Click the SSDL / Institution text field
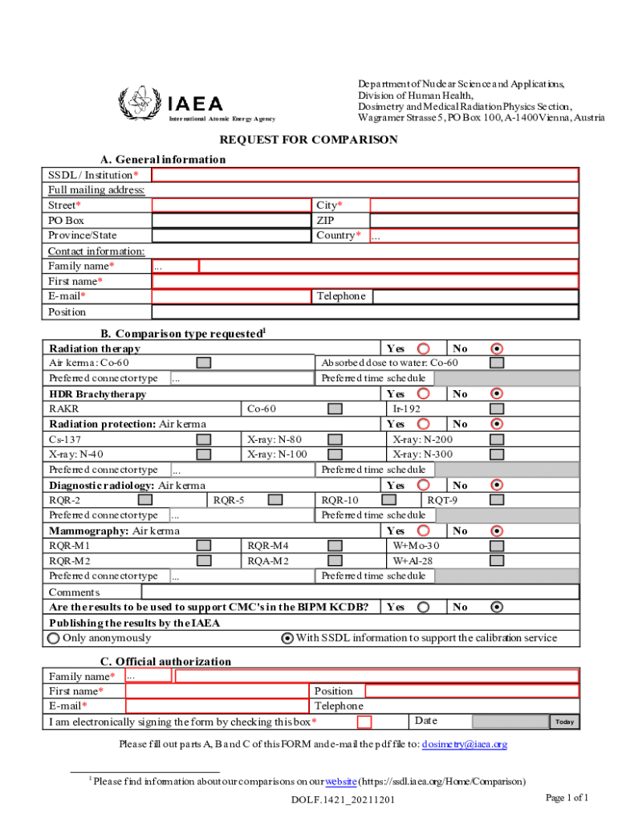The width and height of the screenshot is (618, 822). point(365,175)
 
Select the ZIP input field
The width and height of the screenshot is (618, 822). point(474,221)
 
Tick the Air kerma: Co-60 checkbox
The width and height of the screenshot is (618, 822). point(205,363)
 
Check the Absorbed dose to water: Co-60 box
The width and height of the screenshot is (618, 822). point(497,363)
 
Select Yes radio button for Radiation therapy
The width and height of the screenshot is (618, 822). point(424,348)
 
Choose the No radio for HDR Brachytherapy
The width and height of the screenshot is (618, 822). point(497,394)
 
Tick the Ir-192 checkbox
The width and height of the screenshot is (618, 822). point(497,409)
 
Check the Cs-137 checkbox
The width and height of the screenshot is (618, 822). point(205,439)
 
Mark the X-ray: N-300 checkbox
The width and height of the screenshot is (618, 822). point(497,454)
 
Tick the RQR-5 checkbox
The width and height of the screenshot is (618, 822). point(275,500)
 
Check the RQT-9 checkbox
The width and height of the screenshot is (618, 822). point(497,500)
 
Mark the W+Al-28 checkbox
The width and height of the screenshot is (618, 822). point(497,560)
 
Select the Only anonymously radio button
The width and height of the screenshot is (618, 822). point(54,638)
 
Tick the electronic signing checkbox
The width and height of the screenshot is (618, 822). point(364,722)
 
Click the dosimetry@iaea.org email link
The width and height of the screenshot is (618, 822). point(464,744)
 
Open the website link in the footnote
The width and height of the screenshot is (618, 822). point(340,781)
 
